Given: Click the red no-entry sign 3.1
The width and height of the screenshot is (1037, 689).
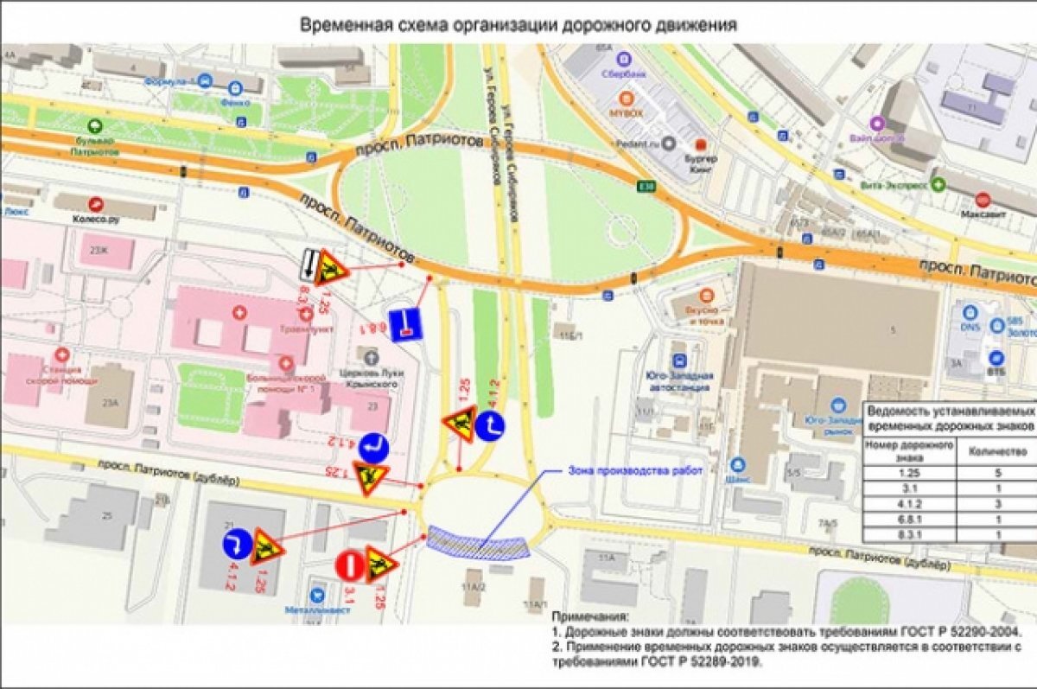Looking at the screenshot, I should pyautogui.click(x=351, y=566).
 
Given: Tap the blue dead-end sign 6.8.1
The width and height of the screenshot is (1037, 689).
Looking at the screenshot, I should pyautogui.click(x=404, y=322).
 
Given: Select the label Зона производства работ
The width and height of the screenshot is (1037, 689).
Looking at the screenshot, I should pyautogui.click(x=635, y=471).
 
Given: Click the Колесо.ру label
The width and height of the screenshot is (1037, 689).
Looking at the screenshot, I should pyautogui.click(x=96, y=219).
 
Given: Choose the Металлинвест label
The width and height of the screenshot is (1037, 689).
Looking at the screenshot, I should pyautogui.click(x=320, y=610).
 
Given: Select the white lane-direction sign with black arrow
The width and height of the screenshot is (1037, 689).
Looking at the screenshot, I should pyautogui.click(x=307, y=264).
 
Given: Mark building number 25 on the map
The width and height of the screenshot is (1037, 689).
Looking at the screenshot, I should pyautogui.click(x=107, y=516).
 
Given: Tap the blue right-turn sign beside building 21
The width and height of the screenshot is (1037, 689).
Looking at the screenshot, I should pyautogui.click(x=237, y=544).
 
